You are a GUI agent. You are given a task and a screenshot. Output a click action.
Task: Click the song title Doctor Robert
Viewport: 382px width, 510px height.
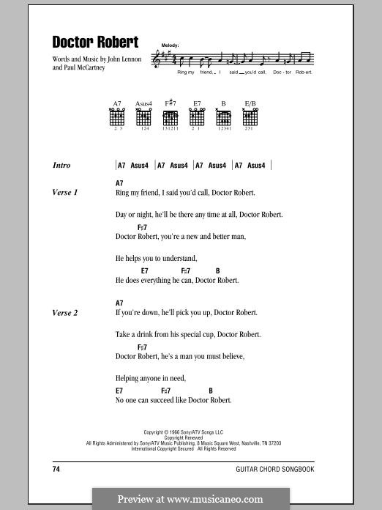click(95, 42)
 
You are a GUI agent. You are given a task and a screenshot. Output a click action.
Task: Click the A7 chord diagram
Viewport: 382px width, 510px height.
click(117, 117)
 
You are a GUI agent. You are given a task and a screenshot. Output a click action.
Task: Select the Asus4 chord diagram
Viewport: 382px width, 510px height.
click(143, 117)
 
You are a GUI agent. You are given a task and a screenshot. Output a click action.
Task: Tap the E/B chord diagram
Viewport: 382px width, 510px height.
click(250, 117)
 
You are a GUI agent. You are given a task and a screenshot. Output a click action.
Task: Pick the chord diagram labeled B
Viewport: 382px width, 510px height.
click(223, 117)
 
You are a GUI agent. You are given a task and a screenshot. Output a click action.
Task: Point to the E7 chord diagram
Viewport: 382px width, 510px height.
click(197, 117)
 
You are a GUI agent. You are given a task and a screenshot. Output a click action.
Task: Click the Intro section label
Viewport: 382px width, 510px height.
click(61, 166)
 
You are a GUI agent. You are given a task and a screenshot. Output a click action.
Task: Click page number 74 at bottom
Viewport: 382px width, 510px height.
click(56, 468)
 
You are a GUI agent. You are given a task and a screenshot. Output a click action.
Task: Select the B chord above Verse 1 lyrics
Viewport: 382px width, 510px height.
click(218, 271)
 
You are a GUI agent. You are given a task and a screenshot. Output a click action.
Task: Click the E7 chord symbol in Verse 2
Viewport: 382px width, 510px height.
click(119, 391)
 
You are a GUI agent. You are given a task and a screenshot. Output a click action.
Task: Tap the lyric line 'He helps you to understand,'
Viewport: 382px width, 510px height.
click(156, 259)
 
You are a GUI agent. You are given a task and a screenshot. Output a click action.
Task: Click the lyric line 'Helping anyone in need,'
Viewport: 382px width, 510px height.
click(151, 378)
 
